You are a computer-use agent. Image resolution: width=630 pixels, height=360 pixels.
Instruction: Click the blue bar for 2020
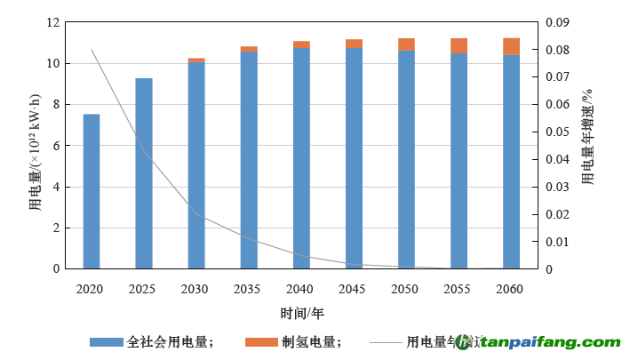pos(91,191)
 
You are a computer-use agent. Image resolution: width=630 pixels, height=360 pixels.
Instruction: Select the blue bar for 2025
pos(143,173)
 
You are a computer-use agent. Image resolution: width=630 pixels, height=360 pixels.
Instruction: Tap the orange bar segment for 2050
pos(406,44)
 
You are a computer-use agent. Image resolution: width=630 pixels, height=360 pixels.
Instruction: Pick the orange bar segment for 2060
pos(511,46)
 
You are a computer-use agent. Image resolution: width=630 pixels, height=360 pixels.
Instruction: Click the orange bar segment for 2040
pos(301,44)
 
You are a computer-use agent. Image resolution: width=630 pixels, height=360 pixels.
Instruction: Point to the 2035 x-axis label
pos(248,290)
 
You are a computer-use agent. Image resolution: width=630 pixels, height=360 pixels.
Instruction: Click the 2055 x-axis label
pos(459,290)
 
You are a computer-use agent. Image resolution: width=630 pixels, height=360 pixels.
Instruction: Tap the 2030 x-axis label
pos(195,290)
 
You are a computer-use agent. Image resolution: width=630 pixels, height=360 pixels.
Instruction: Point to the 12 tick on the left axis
pos(53,22)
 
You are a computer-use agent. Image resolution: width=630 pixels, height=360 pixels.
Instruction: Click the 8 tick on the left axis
pos(56,104)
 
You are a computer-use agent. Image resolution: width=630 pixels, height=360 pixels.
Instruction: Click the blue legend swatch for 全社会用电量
pos(106,342)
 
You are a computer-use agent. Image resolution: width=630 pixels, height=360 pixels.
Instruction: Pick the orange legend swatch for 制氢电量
pos(261,342)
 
